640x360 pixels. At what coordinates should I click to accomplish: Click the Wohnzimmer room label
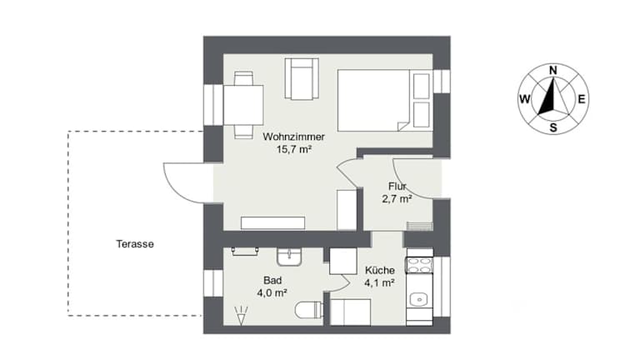tap(293, 137)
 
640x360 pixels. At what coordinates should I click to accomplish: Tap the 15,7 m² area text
tap(294, 149)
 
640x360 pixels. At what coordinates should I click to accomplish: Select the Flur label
tap(397, 187)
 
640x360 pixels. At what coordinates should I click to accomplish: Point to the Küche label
tap(380, 270)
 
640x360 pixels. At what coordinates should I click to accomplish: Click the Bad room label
tap(272, 280)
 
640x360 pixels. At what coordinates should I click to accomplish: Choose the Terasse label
tap(135, 244)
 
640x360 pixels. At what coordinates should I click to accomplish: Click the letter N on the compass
tap(553, 70)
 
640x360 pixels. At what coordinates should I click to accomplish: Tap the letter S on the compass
tap(553, 127)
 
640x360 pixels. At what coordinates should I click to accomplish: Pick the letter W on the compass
tap(524, 99)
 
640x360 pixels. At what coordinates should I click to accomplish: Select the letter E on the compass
tap(582, 99)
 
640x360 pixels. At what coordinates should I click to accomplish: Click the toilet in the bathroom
tap(309, 310)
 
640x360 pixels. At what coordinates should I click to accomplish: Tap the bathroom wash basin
tap(289, 257)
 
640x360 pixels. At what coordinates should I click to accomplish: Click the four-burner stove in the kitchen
tap(419, 265)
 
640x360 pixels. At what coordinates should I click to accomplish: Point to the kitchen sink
tap(419, 299)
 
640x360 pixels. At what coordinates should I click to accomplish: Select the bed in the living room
tap(384, 100)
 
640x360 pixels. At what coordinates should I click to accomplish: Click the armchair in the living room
tap(302, 79)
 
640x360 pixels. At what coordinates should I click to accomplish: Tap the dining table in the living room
tap(243, 105)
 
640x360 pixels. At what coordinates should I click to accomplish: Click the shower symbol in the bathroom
tap(242, 315)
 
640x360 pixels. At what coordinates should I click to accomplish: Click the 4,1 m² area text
tap(380, 282)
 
